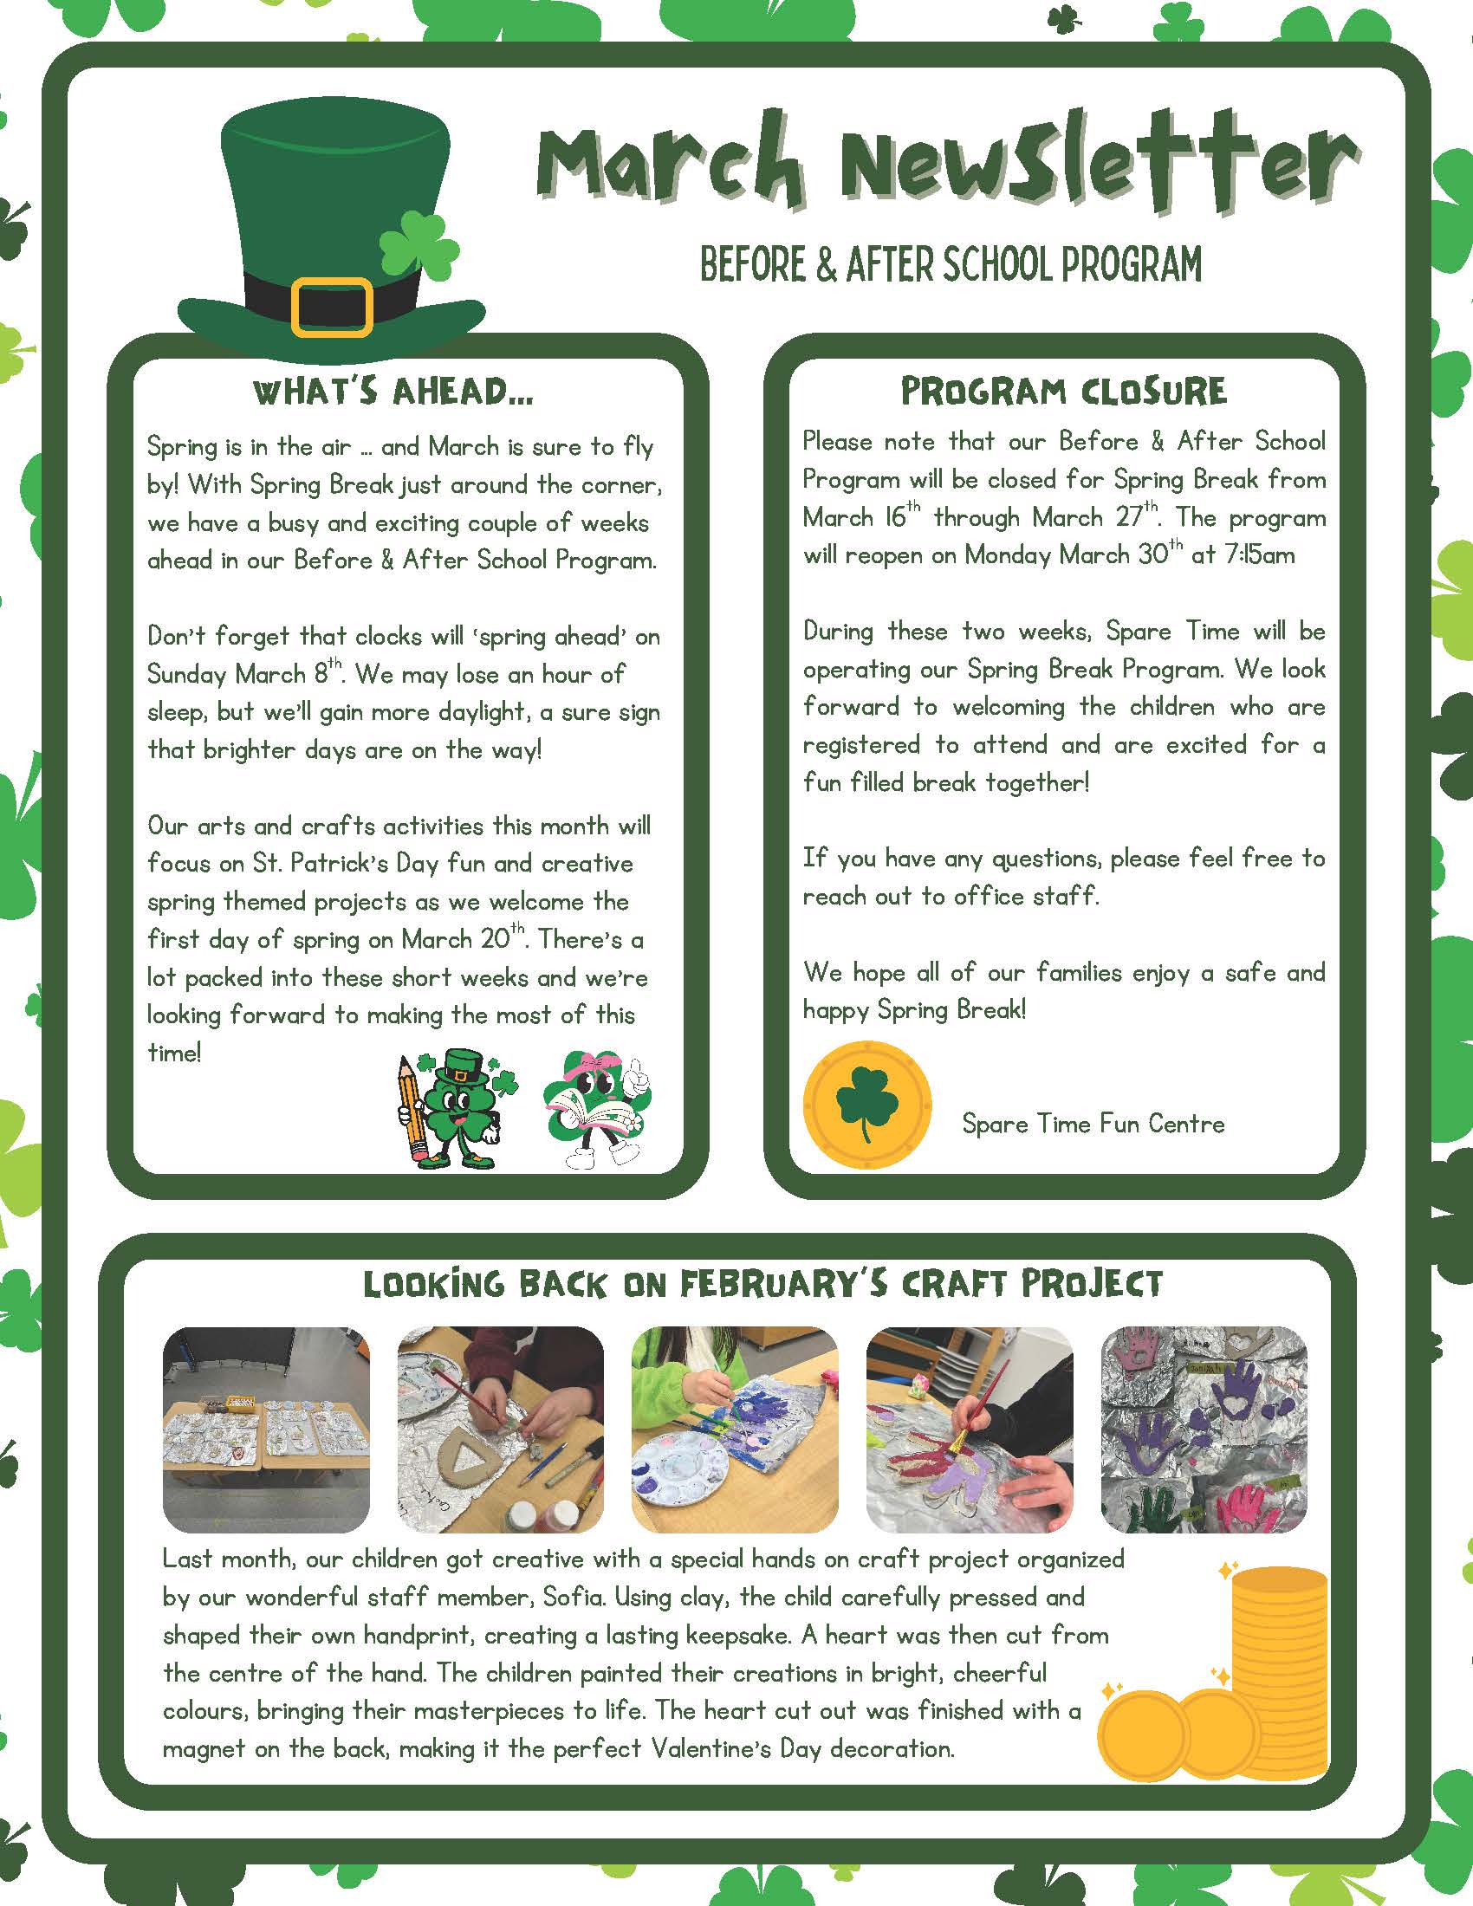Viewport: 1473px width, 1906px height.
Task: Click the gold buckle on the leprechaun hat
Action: [332, 307]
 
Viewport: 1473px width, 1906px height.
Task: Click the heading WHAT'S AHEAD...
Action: [393, 392]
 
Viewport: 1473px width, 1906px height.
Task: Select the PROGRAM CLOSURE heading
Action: [1063, 392]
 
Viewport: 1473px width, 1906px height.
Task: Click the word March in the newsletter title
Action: [668, 165]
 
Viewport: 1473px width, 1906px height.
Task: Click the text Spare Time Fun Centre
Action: [1093, 1123]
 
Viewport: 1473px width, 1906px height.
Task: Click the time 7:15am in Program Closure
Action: [1260, 555]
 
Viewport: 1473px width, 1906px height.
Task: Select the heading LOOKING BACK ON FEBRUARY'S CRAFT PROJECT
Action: [762, 1284]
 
